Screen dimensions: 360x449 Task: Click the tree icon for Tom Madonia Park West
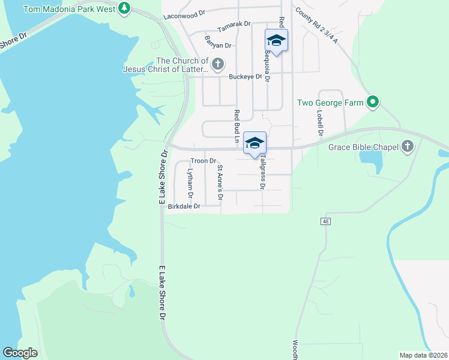pos(124,8)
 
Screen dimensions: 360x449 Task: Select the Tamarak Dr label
pos(234,32)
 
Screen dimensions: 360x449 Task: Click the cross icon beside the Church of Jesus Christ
pos(218,64)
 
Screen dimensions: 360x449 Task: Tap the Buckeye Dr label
pos(246,77)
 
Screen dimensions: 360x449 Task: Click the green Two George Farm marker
pos(373,103)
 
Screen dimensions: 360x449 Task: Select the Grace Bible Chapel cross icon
pos(408,146)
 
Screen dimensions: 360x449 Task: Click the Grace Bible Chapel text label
pos(363,146)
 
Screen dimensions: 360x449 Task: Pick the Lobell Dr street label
pos(321,122)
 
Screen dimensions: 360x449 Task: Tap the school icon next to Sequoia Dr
pos(276,41)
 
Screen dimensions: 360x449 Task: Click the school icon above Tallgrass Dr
pos(255,143)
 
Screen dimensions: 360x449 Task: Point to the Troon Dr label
pos(203,161)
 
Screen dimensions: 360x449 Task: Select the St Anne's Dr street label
pos(220,182)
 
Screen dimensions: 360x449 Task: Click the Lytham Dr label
pos(190,183)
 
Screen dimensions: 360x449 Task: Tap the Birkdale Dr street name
pos(184,206)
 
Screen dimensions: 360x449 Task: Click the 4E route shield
pos(325,221)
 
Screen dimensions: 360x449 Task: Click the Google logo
pos(20,353)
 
